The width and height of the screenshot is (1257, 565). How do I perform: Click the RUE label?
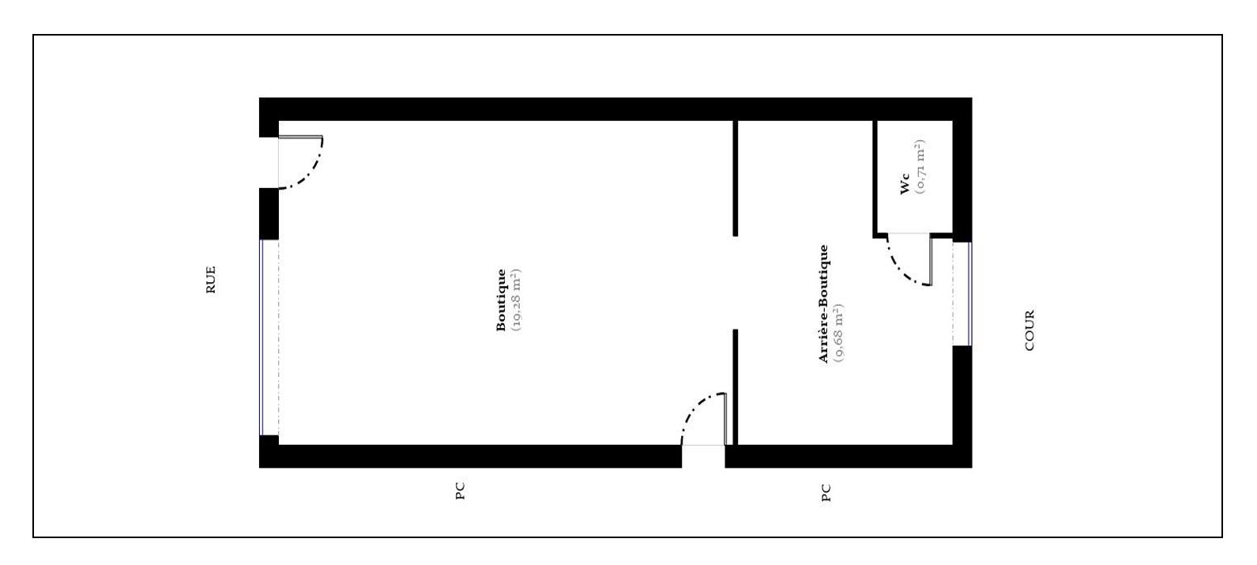[211, 280]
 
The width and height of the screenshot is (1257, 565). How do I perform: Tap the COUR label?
[1029, 330]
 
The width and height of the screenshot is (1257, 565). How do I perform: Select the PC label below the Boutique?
[460, 491]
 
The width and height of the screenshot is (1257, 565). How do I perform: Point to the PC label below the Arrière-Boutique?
[826, 492]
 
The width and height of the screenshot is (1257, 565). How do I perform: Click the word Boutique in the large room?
[501, 300]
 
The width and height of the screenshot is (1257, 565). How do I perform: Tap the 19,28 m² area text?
[517, 300]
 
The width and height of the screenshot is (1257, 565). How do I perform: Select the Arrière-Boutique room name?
[823, 304]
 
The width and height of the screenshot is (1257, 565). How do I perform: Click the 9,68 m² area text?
[839, 333]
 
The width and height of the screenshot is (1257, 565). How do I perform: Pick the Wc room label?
[905, 184]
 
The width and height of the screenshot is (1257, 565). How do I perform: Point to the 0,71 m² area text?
[920, 167]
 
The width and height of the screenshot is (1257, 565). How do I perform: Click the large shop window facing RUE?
[262, 337]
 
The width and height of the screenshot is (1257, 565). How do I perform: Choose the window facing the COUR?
[969, 294]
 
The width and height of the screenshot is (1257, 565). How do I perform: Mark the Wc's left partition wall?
[875, 179]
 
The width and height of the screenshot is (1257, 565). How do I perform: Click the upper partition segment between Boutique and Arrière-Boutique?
[735, 179]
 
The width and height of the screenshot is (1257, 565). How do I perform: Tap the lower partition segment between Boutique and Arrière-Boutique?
[735, 387]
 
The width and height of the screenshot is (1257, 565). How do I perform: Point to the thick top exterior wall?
[615, 109]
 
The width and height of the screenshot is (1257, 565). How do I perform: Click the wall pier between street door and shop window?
[269, 214]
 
